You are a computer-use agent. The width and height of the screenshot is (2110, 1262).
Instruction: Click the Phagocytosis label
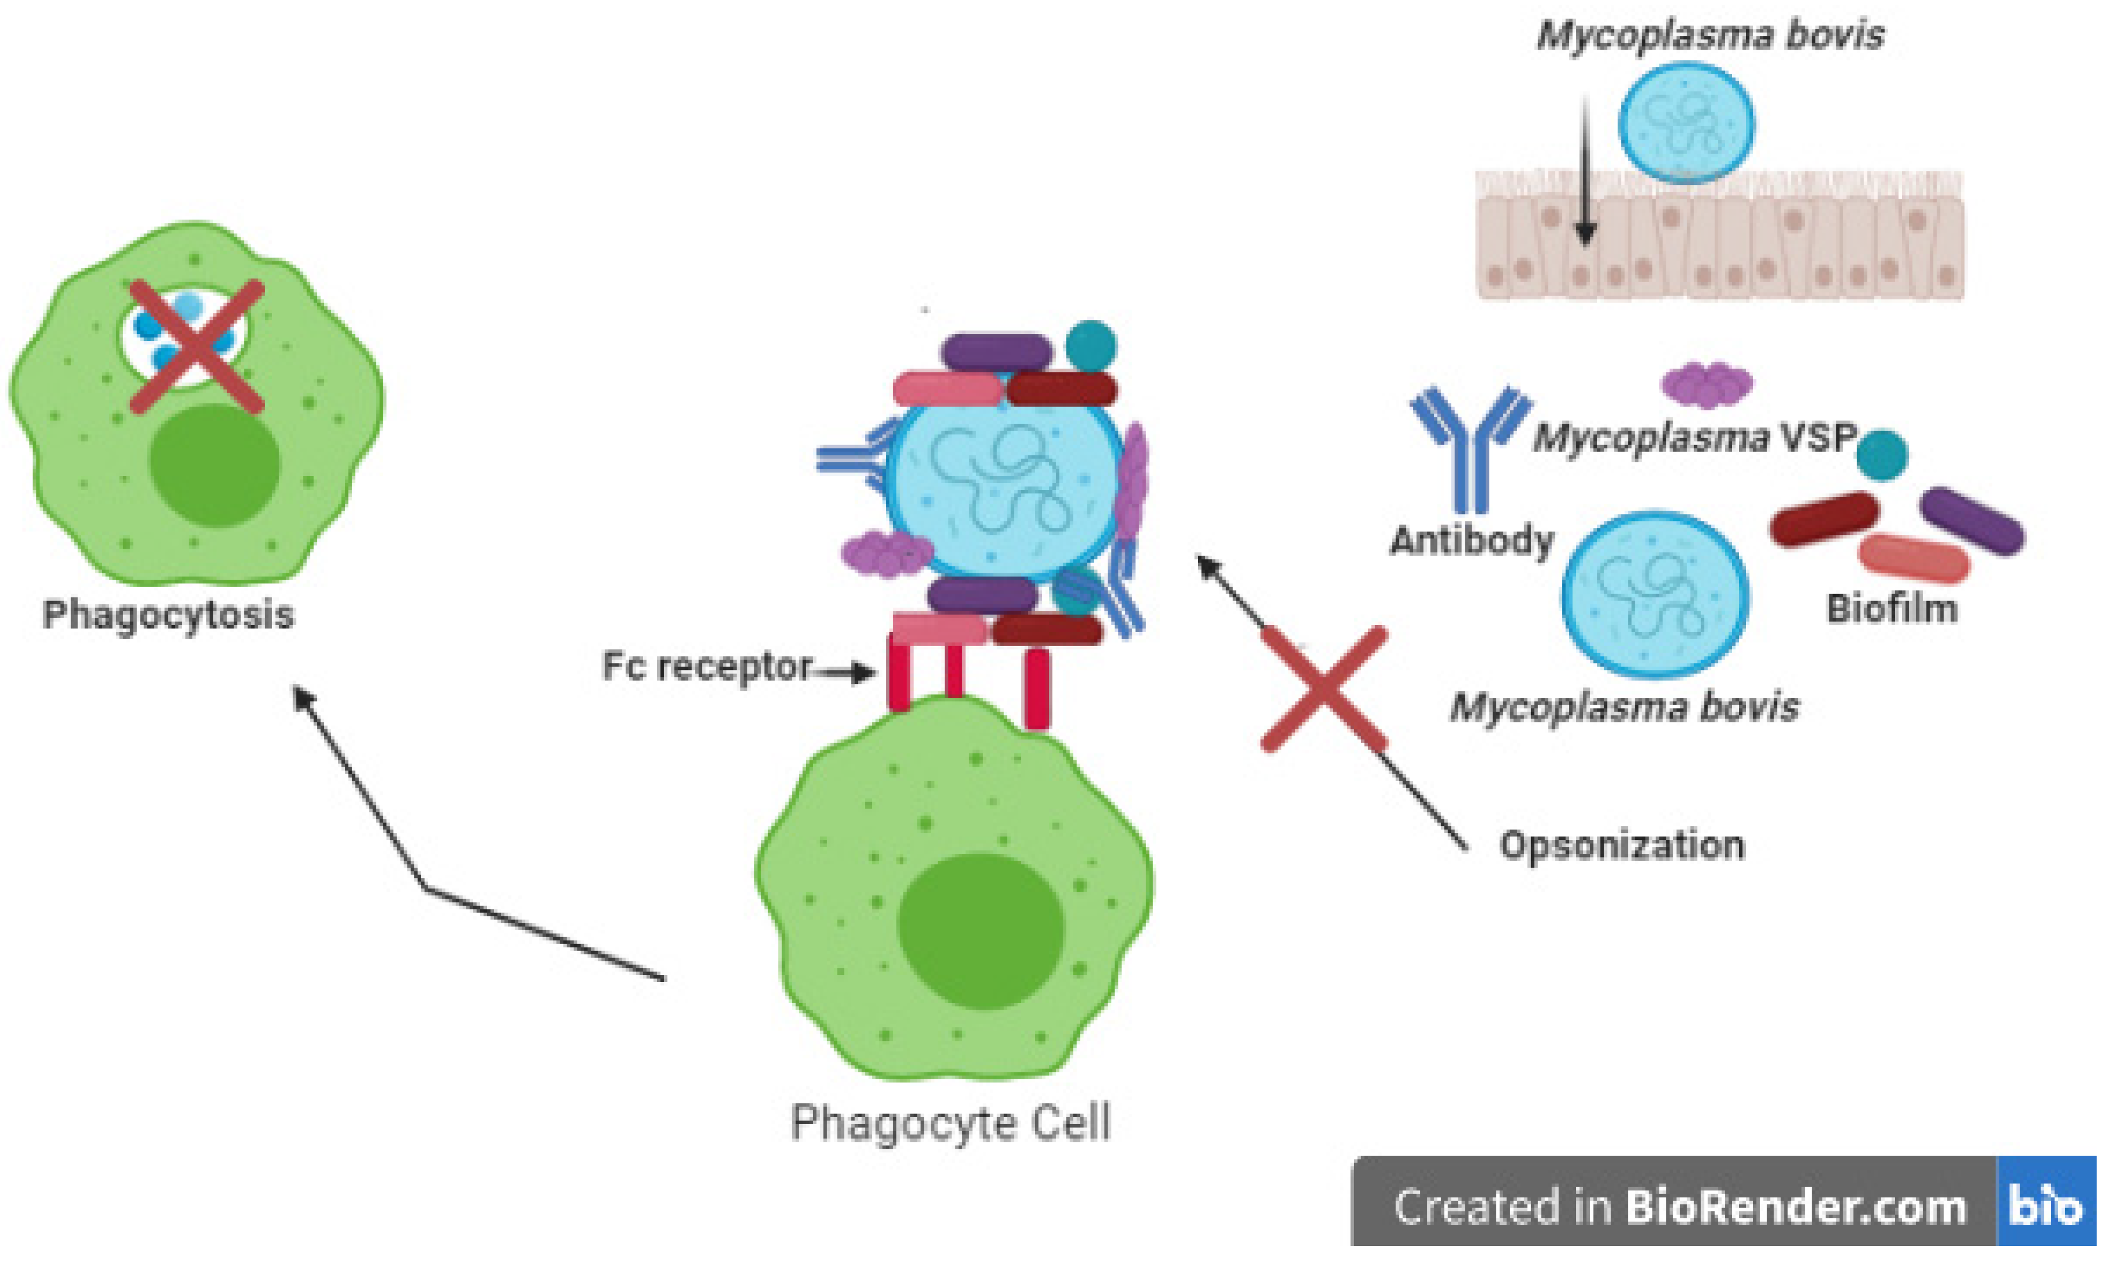click(168, 614)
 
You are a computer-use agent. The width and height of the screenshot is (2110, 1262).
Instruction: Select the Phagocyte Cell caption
click(950, 1123)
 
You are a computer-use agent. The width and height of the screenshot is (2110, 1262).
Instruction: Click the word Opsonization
click(1621, 845)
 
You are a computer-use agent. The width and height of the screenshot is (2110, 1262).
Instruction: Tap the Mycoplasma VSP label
click(1693, 438)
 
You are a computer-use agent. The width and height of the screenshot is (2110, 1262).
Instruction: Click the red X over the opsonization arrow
click(1324, 689)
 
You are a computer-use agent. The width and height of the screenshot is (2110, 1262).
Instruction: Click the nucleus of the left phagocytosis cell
click(214, 464)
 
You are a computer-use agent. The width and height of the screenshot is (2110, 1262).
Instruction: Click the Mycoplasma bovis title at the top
click(1710, 36)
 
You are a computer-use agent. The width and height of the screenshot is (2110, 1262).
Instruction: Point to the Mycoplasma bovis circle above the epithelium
click(1686, 123)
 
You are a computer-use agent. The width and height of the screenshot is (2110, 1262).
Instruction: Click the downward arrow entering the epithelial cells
click(1584, 170)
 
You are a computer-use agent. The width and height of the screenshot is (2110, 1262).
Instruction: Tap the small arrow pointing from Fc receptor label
click(847, 673)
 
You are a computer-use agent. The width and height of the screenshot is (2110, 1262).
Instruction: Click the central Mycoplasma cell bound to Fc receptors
click(1004, 485)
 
